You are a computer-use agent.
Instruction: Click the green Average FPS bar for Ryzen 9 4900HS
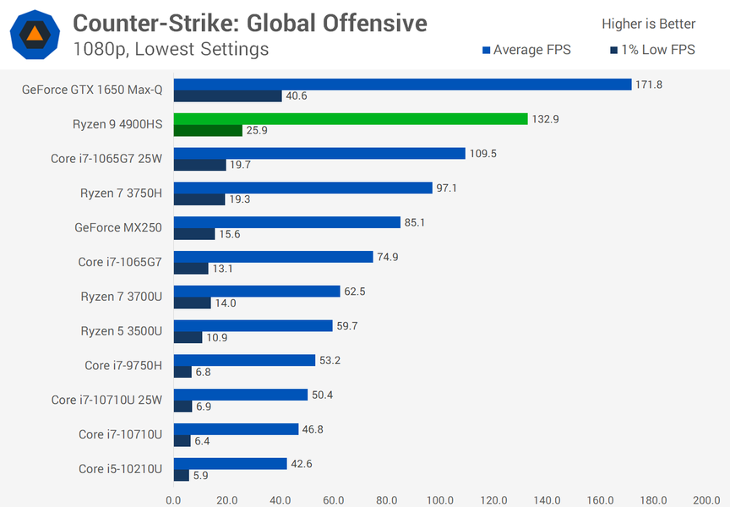click(x=351, y=119)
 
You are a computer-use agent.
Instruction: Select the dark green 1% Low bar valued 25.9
click(x=208, y=131)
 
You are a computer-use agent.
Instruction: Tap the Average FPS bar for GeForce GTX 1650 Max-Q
click(x=402, y=84)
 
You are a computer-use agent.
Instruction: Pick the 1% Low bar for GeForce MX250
click(x=194, y=234)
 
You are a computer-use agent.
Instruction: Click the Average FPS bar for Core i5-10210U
click(x=231, y=464)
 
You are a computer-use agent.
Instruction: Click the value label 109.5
click(x=482, y=154)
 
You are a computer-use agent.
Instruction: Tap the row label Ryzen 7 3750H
click(x=123, y=193)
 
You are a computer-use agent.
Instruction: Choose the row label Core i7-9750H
click(x=123, y=365)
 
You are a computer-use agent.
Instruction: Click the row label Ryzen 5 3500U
click(x=123, y=330)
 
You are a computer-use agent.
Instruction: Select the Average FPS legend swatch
click(x=487, y=51)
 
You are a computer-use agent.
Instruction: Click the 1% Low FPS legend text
click(x=658, y=50)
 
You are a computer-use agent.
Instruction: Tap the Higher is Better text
click(x=648, y=24)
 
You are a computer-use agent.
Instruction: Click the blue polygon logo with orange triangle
click(x=34, y=35)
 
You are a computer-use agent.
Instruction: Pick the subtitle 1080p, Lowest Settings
click(x=171, y=49)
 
